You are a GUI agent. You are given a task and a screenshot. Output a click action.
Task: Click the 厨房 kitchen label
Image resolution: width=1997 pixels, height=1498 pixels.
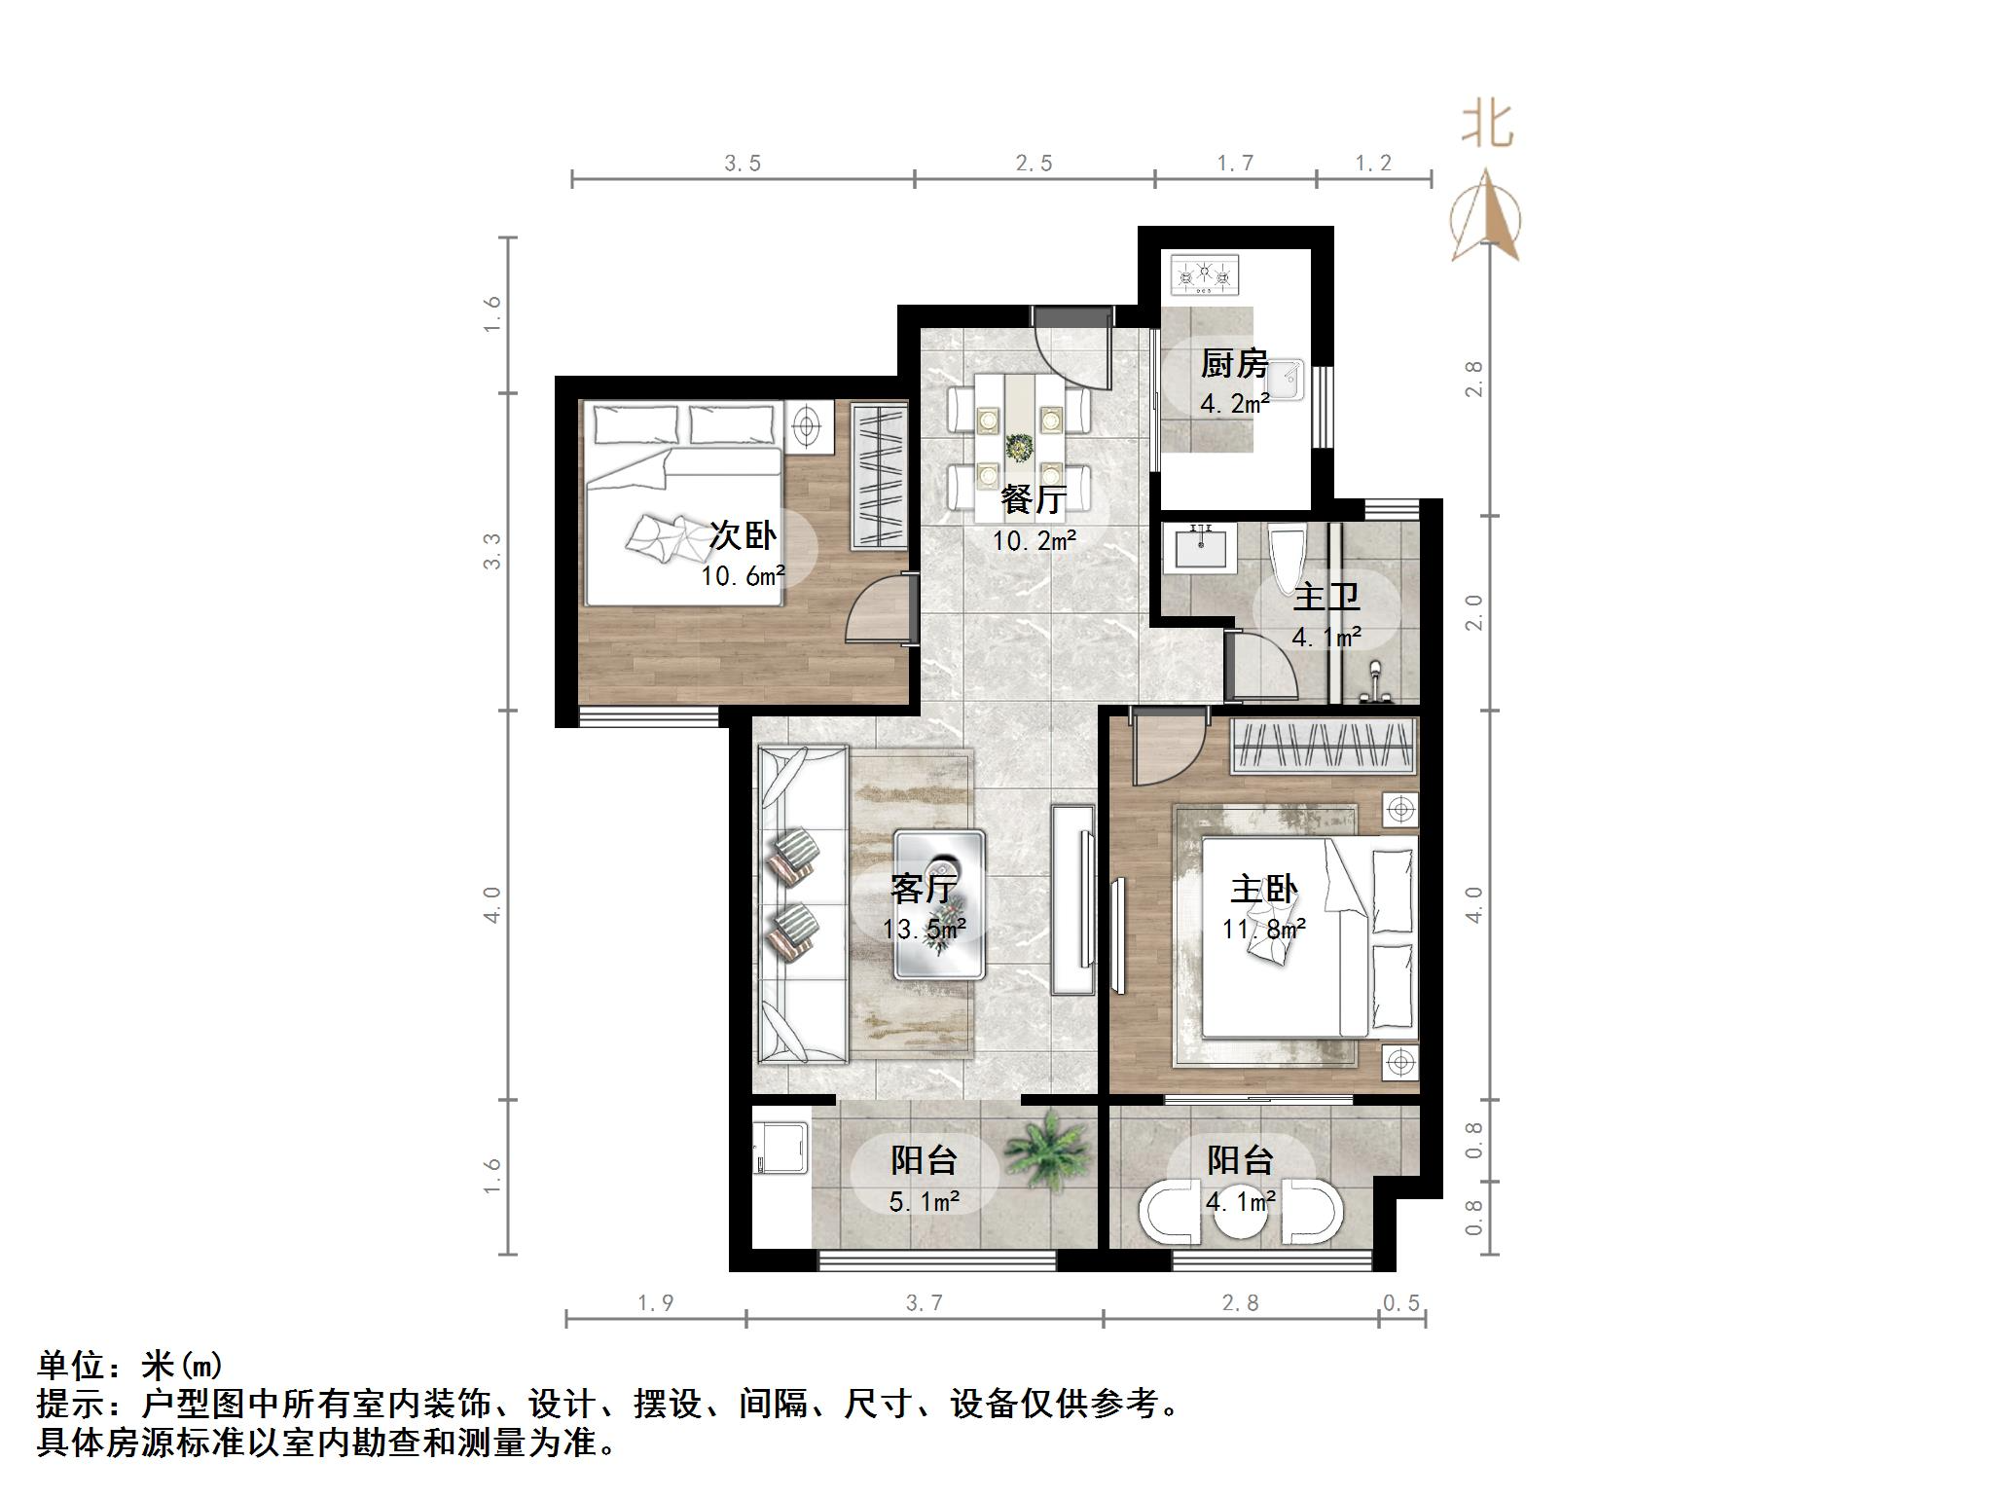[x=1234, y=364]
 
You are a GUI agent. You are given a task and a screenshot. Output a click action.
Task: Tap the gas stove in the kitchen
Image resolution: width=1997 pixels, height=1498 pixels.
[x=1206, y=275]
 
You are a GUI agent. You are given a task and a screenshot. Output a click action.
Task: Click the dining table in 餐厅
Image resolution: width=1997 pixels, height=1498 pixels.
[x=1020, y=447]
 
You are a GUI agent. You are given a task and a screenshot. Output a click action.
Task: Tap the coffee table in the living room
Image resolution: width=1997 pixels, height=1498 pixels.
[x=939, y=904]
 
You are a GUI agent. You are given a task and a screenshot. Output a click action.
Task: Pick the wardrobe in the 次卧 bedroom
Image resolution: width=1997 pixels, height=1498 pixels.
[x=880, y=476]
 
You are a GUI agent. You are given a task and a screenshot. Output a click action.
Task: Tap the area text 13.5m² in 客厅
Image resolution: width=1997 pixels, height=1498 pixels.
[x=924, y=930]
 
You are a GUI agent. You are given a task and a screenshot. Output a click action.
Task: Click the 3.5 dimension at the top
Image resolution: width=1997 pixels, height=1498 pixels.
[x=742, y=164]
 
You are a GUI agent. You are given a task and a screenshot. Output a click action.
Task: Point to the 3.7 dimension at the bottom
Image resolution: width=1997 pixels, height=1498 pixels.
[x=924, y=1302]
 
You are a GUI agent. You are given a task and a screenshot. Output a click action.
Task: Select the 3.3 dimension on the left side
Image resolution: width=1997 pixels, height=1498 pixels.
[x=492, y=551]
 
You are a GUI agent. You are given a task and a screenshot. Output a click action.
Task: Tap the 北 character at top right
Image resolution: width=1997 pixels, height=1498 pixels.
[x=1486, y=125]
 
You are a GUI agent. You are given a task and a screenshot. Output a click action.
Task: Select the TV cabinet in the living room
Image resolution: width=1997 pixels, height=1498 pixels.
[x=1074, y=899]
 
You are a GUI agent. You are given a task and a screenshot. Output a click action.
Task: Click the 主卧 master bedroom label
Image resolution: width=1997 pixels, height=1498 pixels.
[x=1263, y=890]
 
